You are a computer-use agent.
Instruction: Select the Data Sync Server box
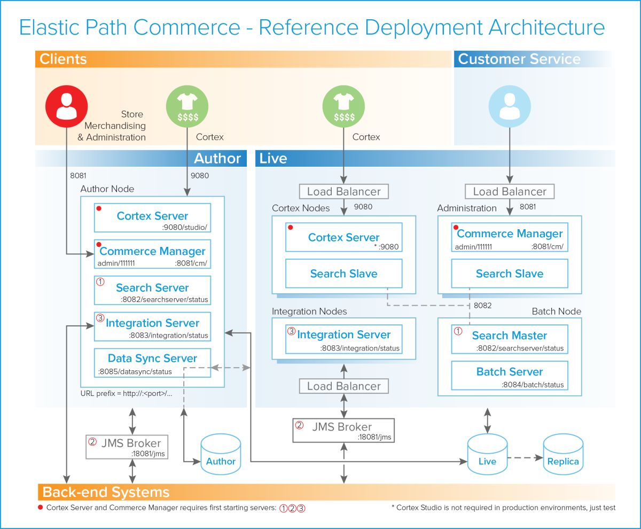152,363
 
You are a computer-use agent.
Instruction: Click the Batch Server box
509,376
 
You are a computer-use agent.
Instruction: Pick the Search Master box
509,339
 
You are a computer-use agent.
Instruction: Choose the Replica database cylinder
562,455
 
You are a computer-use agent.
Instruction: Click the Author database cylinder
221,455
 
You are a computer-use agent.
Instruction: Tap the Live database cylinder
487,455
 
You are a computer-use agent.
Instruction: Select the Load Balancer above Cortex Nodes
343,191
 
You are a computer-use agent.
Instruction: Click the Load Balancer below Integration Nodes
343,386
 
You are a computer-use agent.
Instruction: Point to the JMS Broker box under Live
343,431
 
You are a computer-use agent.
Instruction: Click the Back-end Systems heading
106,492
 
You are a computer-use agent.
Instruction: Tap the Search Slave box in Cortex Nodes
343,274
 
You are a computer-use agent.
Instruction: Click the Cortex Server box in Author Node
152,217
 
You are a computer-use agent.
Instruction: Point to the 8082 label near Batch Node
482,306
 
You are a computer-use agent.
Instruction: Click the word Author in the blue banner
217,158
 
